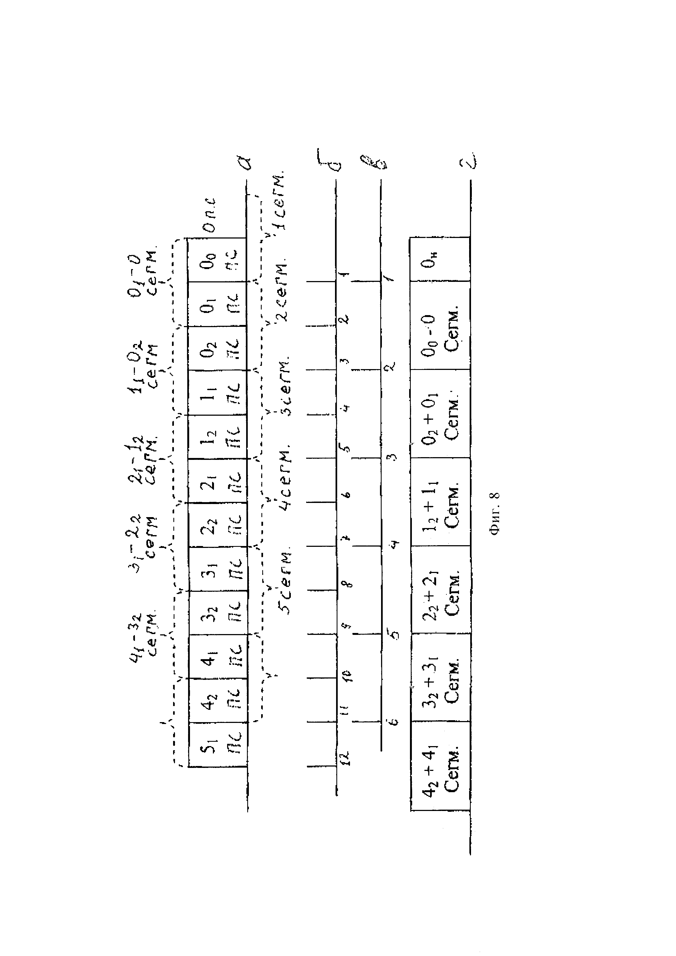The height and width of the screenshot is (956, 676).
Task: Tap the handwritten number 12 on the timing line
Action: pos(345,758)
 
